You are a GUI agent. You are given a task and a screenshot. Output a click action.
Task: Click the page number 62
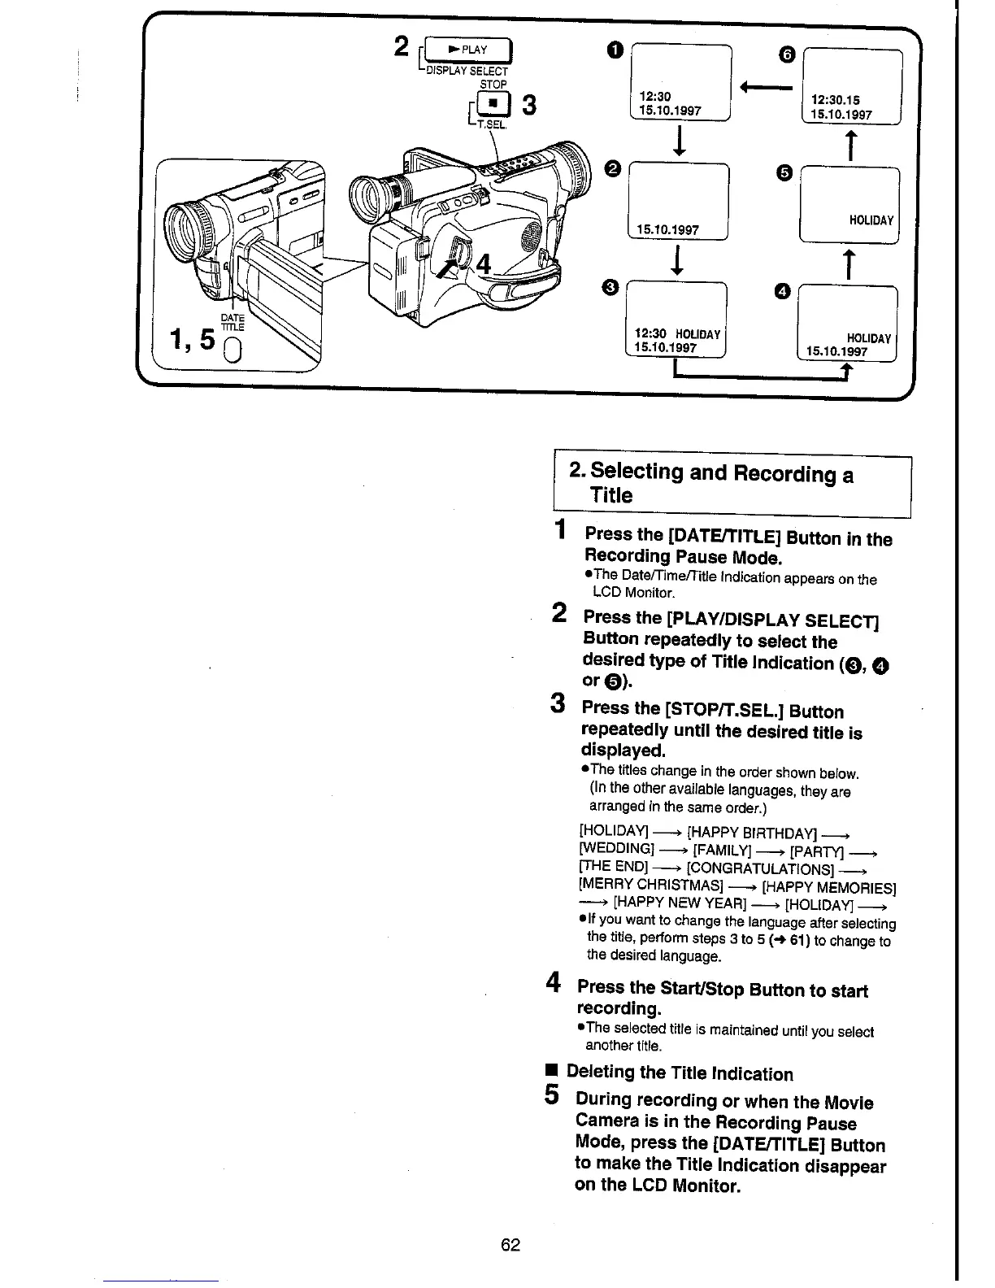[511, 1245]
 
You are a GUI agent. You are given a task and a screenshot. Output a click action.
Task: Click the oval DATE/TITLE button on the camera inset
[231, 352]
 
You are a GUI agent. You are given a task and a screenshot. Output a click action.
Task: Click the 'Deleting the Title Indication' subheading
[680, 1073]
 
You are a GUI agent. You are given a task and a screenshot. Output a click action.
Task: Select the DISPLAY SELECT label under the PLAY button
[467, 71]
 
